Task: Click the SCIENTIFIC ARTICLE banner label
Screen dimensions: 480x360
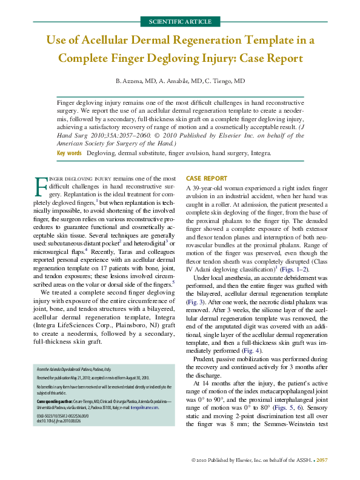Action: (x=180, y=22)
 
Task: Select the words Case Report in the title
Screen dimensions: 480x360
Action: (x=262, y=59)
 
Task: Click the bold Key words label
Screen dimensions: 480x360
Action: (x=69, y=153)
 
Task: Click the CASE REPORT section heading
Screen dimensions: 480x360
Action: (x=206, y=179)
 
